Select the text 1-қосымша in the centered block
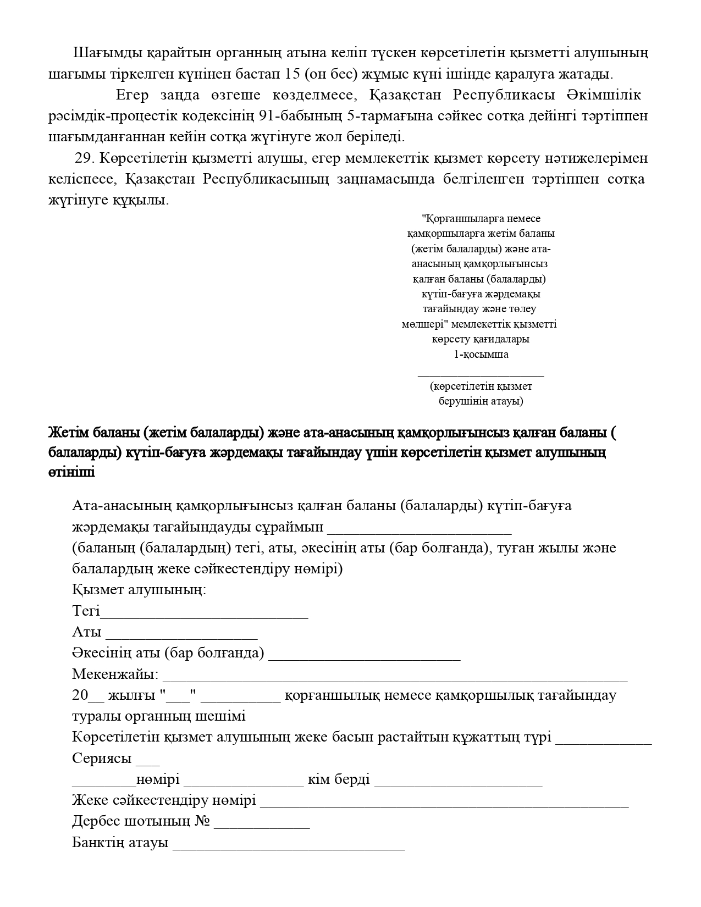(x=481, y=355)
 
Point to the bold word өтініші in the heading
(x=71, y=472)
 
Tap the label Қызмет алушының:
(x=139, y=590)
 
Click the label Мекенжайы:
(x=115, y=674)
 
